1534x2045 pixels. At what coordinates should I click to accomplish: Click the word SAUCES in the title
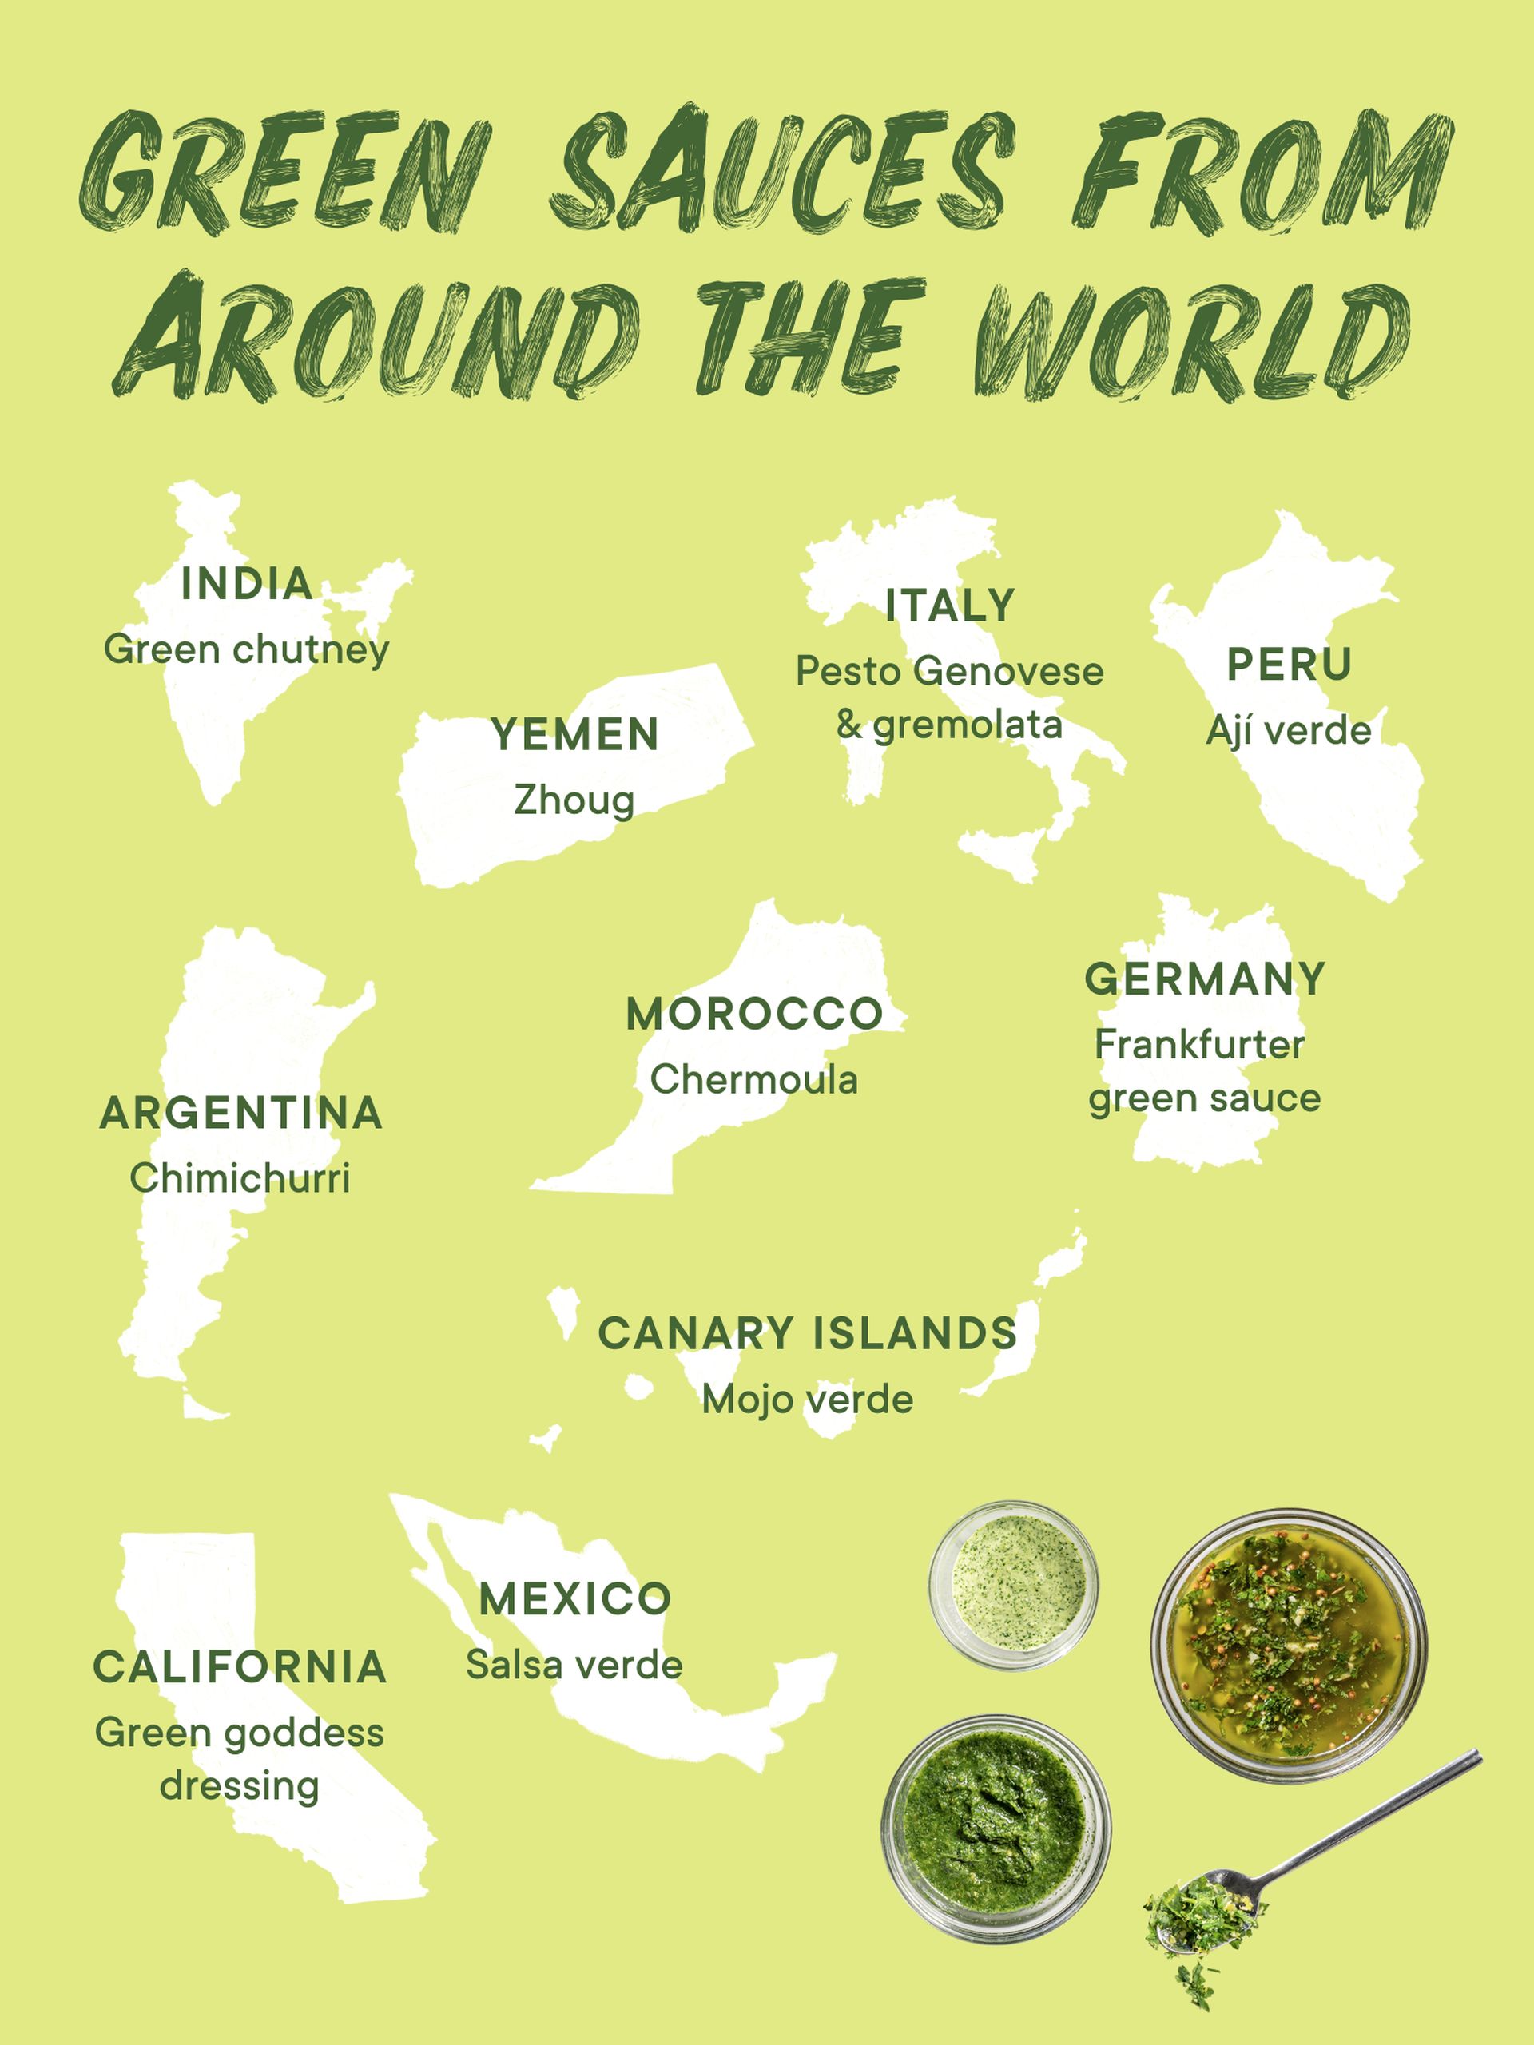click(781, 171)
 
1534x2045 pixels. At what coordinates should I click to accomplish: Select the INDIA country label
click(246, 583)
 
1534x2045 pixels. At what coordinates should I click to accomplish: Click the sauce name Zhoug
click(574, 800)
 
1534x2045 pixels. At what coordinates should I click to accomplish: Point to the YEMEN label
click(575, 735)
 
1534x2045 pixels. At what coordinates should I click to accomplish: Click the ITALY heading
click(950, 606)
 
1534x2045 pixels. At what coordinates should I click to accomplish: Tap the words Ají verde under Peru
click(1288, 730)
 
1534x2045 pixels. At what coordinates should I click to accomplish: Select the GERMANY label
click(1205, 979)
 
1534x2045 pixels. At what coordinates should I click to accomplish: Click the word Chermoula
click(753, 1079)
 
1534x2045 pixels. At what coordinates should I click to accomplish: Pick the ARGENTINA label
click(240, 1112)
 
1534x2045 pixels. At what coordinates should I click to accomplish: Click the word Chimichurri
click(240, 1177)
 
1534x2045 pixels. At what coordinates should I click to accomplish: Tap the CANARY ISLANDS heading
click(807, 1333)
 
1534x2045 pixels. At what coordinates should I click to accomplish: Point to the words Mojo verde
click(807, 1399)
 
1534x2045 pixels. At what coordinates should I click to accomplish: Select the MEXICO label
click(574, 1599)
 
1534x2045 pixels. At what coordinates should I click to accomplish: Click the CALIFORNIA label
click(240, 1667)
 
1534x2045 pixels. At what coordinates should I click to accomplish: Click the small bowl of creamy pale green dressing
click(1015, 1585)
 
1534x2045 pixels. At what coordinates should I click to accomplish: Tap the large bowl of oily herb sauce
click(1288, 1646)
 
